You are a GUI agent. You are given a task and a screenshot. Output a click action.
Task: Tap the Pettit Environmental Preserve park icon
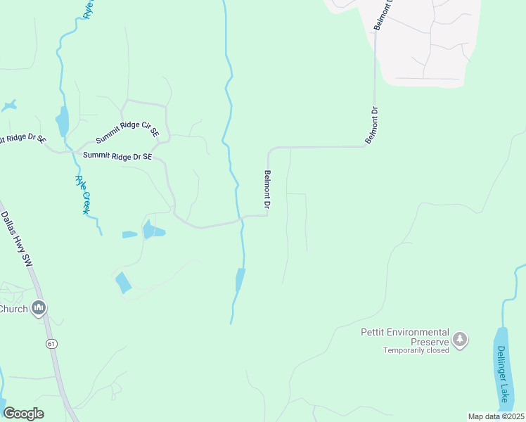[460, 340]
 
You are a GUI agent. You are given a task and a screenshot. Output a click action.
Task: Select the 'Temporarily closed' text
[416, 350]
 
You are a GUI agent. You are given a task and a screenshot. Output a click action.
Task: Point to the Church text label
[13, 309]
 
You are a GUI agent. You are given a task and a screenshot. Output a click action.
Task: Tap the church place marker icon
[39, 308]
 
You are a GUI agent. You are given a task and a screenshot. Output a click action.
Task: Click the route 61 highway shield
[51, 343]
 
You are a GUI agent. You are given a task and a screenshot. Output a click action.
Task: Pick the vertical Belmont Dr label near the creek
[267, 190]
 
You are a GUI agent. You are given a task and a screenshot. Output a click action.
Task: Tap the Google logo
[23, 414]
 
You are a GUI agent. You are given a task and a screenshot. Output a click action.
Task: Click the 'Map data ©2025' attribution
[496, 416]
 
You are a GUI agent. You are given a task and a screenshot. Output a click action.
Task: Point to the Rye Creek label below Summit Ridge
[83, 195]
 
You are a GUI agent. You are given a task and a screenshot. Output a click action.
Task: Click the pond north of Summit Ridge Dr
[63, 121]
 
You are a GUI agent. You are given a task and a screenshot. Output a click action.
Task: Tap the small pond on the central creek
[240, 279]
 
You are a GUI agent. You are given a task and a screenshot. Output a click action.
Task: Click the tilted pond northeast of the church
[122, 282]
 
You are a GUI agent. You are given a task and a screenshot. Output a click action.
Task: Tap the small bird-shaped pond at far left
[8, 106]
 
